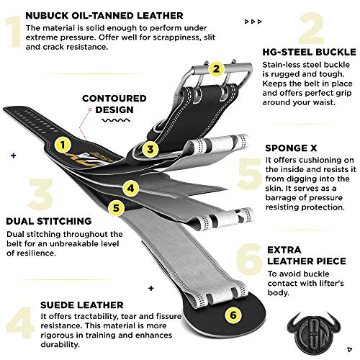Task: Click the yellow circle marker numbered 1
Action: [63, 145]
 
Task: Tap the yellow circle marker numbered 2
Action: [216, 69]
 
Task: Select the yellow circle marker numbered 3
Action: [150, 149]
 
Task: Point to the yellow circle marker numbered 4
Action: [130, 188]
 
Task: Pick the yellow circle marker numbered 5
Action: [116, 208]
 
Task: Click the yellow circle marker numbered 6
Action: [233, 315]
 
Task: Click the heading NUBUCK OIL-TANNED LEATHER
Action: [104, 16]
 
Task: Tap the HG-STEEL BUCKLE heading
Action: [309, 52]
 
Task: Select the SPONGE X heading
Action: [291, 148]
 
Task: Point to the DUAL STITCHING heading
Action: [49, 221]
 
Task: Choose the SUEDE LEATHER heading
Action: [82, 305]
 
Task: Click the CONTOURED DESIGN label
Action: [114, 104]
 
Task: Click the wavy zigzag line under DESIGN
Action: [116, 120]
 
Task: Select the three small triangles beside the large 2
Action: [253, 22]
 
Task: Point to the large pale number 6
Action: [249, 259]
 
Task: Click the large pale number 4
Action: [20, 323]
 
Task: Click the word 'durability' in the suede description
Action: [60, 345]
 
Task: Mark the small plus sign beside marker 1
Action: [14, 156]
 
